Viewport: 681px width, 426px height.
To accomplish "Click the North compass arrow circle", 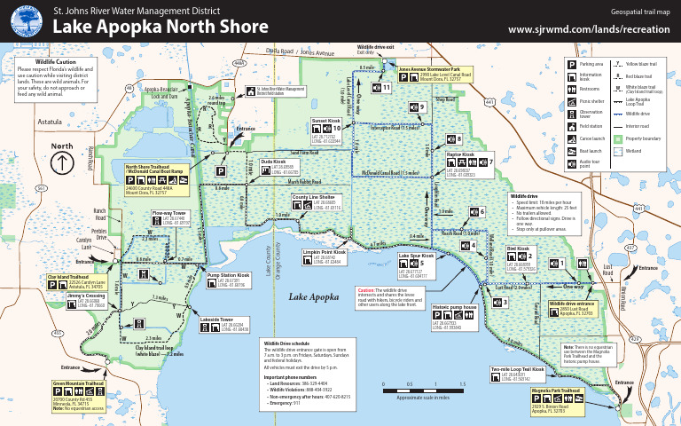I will pos(63,163).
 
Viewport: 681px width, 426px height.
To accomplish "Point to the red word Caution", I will pos(368,290).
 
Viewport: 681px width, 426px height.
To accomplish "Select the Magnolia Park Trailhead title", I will pos(555,390).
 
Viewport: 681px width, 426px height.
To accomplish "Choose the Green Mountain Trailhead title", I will pos(79,383).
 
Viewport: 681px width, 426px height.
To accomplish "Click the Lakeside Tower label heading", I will pos(215,319).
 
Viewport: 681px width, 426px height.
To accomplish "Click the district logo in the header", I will pos(27,20).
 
